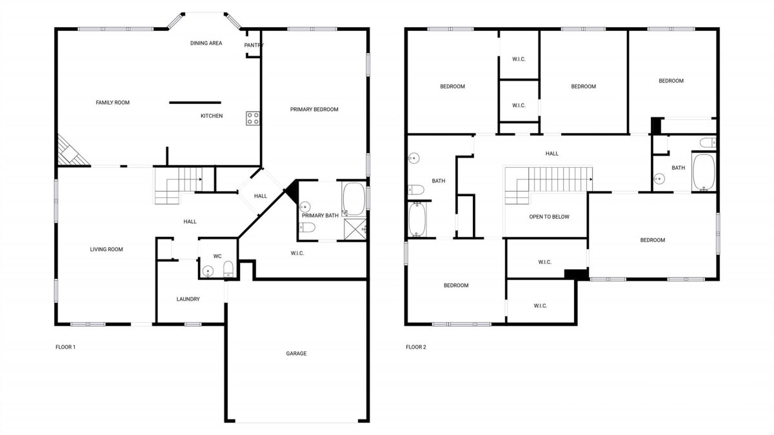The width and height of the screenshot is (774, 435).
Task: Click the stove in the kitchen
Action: [253, 118]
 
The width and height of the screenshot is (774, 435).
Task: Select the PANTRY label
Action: [254, 45]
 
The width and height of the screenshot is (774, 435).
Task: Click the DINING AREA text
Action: [206, 43]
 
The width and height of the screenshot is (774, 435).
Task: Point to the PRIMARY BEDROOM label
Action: [314, 110]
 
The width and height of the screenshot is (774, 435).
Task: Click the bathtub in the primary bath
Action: [354, 199]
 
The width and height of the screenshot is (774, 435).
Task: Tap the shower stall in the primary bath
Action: [355, 229]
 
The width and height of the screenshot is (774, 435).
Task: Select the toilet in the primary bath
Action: [307, 228]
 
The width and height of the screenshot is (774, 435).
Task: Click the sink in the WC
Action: [208, 271]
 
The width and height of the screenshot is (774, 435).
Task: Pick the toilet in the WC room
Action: [228, 268]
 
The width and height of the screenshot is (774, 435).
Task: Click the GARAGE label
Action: [296, 354]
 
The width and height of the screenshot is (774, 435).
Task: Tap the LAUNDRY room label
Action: [188, 299]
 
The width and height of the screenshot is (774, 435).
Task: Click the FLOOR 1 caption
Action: [65, 347]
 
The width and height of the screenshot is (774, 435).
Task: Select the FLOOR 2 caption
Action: [416, 347]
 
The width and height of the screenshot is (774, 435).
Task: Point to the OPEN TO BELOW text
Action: [549, 217]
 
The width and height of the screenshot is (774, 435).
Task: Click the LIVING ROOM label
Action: [106, 249]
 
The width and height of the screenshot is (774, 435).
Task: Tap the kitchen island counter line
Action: [195, 103]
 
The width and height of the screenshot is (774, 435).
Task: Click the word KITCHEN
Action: [212, 116]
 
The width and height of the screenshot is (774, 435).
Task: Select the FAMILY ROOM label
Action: [113, 103]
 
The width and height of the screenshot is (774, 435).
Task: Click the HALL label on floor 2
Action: [552, 154]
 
